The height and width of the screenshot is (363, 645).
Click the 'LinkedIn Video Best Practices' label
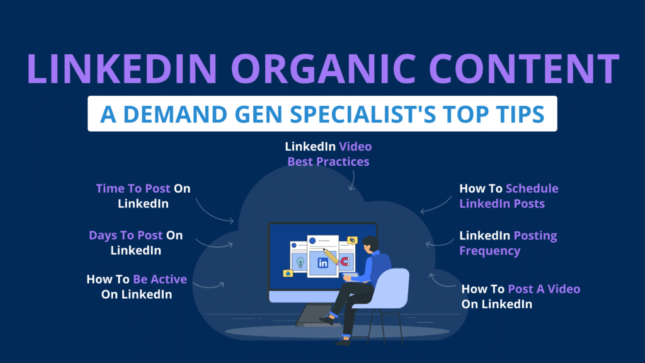[x=328, y=154]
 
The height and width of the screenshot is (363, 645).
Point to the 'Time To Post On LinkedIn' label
[x=142, y=196]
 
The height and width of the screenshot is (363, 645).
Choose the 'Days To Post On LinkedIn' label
[x=135, y=243]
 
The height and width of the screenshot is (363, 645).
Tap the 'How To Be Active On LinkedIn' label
[x=137, y=287]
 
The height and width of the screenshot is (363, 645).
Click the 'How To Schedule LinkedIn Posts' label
[x=508, y=196]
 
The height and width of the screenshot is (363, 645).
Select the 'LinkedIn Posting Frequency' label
[x=508, y=243]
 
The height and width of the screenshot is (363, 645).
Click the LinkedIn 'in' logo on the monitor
[x=322, y=263]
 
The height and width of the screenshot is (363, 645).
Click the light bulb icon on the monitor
[x=301, y=262]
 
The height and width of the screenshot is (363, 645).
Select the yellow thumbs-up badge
[x=288, y=273]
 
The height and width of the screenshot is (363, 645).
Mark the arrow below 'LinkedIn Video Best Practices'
[x=352, y=182]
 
